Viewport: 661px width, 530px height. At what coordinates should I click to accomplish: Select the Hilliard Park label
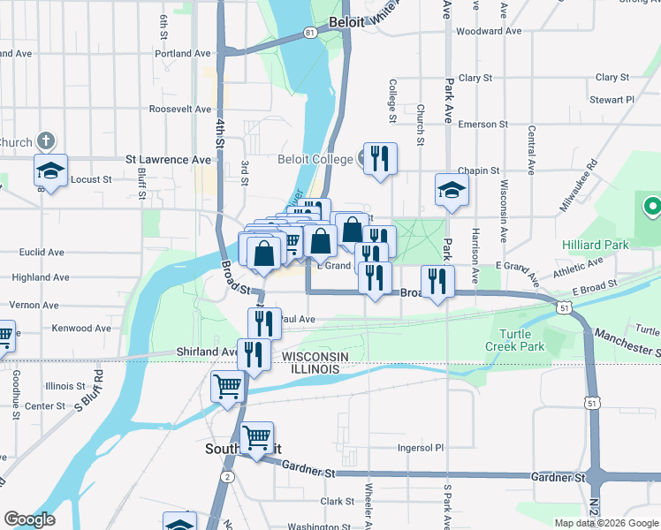click(596, 243)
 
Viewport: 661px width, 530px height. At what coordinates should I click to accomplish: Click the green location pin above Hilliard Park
click(653, 207)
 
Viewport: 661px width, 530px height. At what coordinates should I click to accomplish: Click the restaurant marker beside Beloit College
click(380, 159)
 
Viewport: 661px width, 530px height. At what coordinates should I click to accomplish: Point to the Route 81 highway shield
click(308, 32)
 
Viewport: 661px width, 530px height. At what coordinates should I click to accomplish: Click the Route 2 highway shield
click(227, 477)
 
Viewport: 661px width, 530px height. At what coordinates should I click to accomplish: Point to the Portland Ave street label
click(182, 53)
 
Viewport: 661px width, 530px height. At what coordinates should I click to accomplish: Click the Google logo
click(29, 519)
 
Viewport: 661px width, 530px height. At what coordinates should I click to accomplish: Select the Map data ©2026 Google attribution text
click(605, 523)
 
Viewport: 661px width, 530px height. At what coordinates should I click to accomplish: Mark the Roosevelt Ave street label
click(180, 110)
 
